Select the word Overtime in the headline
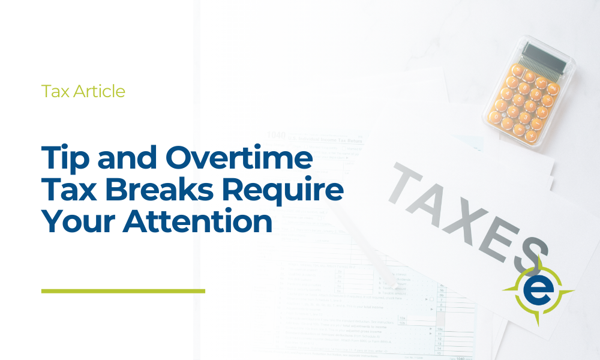point(239,159)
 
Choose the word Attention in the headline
point(198,221)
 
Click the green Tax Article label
point(83,91)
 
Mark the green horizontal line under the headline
point(123,291)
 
